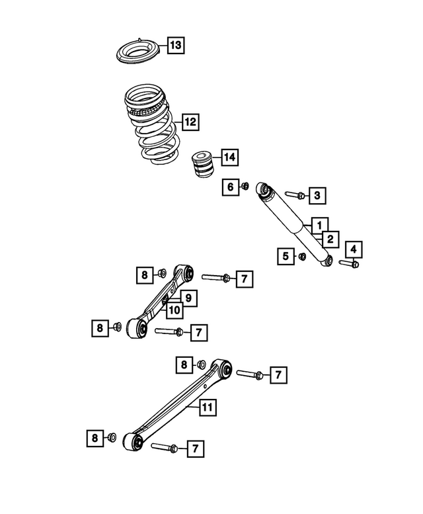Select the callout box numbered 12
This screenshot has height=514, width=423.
pos(190,122)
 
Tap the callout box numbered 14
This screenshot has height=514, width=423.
pos(229,157)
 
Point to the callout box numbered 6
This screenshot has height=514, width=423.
pos(231,187)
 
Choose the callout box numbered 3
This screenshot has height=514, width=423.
pos(317,195)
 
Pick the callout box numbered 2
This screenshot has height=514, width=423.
pos(328,239)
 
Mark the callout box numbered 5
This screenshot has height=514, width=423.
pos(286,256)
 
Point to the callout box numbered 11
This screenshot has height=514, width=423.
pos(208,408)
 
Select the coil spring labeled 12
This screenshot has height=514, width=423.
pos(151,122)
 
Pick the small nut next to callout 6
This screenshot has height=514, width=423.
pos(245,187)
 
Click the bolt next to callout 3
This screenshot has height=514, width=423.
pos(295,195)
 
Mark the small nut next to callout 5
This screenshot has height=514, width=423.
pos(302,256)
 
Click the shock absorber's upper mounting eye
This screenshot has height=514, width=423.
pos(266,192)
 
